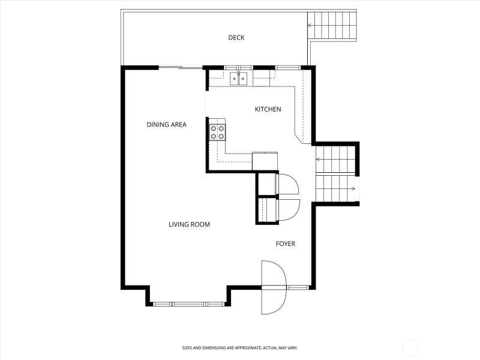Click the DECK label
236,38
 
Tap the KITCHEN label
268,109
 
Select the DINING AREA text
167,125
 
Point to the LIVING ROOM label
189,224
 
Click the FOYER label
286,244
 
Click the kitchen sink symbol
238,79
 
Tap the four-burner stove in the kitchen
217,132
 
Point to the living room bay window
188,304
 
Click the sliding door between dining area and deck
181,67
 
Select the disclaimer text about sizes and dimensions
240,348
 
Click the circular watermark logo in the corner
410,347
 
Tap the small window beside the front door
298,287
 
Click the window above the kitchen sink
238,68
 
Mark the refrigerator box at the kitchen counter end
265,161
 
